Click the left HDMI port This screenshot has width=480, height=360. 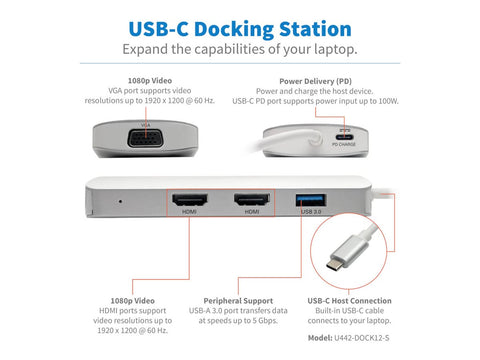189,200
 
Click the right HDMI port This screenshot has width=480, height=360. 248,200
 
